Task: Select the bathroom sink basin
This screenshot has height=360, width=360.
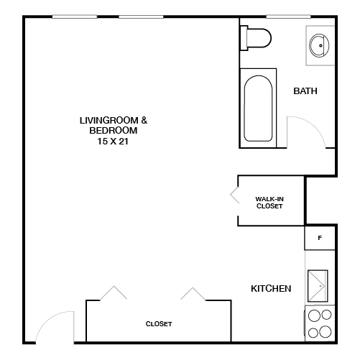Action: [x=319, y=45]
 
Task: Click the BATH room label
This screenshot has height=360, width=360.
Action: [x=305, y=91]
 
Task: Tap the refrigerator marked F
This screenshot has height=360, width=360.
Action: [x=320, y=237]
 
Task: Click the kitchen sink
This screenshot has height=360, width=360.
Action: [x=318, y=287]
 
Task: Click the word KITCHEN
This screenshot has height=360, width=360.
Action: [x=270, y=289]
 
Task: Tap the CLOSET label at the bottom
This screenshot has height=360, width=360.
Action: [x=159, y=324]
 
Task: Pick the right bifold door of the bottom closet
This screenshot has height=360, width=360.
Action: [x=193, y=294]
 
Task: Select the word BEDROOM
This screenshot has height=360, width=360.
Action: [x=113, y=131]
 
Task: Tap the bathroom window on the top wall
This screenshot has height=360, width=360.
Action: [x=287, y=17]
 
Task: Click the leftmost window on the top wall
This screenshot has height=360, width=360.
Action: [x=74, y=17]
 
